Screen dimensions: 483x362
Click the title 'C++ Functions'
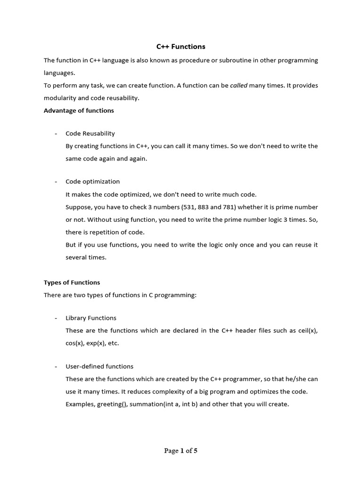point(181,47)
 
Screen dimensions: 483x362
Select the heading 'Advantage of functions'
point(79,110)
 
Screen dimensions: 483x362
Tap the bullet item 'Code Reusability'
point(90,133)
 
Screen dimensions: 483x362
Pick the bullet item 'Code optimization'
point(92,182)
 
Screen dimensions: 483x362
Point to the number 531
point(190,207)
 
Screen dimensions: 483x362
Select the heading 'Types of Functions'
point(72,283)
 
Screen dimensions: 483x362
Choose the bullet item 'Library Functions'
point(91,318)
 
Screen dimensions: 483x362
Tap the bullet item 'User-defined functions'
point(99,366)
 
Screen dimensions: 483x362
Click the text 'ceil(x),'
point(308,331)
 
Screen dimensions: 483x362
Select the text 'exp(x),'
point(97,343)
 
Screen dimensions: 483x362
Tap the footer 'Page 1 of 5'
point(181,450)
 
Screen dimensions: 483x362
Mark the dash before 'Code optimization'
point(56,182)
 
